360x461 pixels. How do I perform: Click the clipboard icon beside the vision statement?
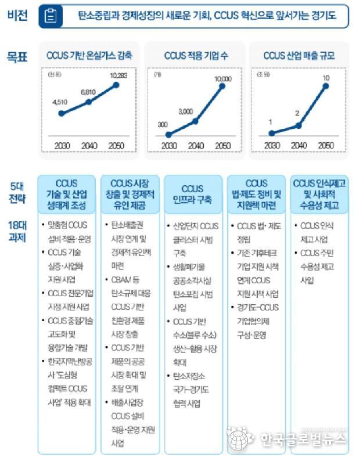coord(51,17)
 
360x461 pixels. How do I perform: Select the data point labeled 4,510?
coord(61,113)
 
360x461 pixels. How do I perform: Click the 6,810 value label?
coord(88,92)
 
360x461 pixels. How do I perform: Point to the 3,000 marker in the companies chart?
coord(196,121)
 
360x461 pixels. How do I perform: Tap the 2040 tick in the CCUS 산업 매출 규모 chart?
coord(298,145)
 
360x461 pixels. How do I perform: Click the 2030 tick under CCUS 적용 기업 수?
coord(168,145)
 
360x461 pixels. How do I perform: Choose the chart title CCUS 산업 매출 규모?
coord(298,56)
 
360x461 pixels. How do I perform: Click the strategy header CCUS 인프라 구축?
coord(192,194)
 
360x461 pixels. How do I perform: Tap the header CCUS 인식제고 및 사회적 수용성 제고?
coord(319,194)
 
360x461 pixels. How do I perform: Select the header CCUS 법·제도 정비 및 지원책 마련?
coord(256,194)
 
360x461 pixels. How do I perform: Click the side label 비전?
coord(17,16)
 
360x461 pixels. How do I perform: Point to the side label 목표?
coord(17,56)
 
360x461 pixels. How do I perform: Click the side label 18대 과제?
coord(17,229)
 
